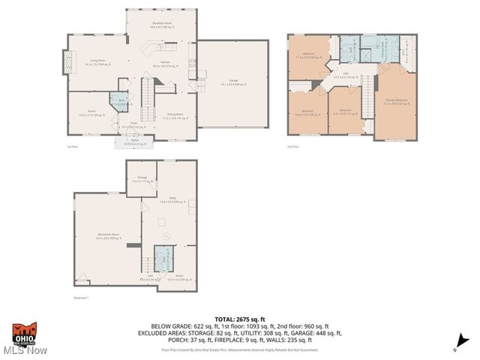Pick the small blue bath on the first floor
click(119, 101)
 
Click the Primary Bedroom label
click(396, 101)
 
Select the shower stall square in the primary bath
click(364, 54)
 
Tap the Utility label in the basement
click(172, 199)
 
